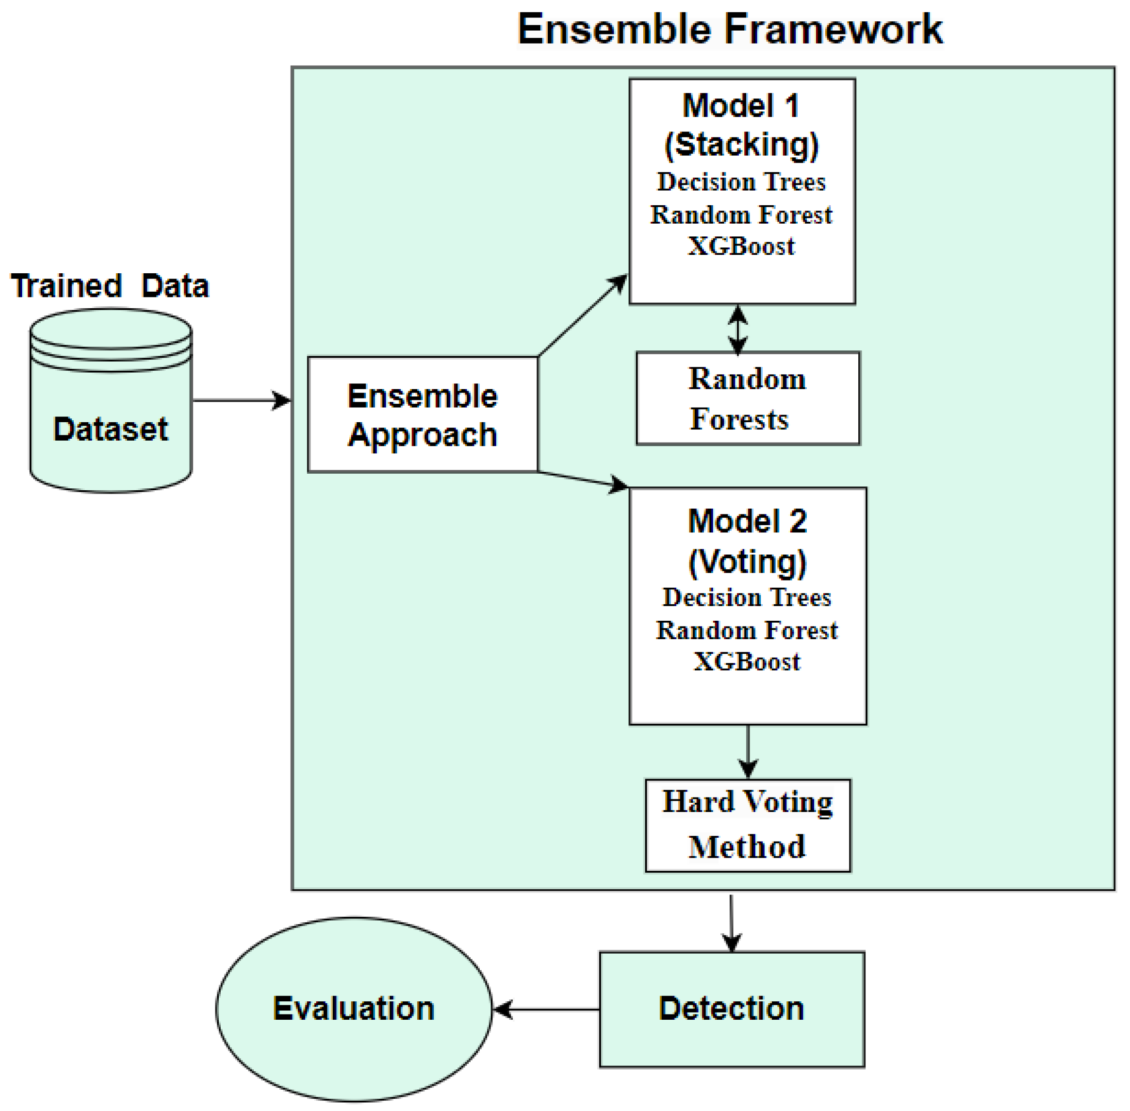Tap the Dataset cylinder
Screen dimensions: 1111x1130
pyautogui.click(x=111, y=408)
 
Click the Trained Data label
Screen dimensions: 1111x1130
pyautogui.click(x=110, y=286)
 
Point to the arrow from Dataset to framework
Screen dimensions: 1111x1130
pyautogui.click(x=239, y=400)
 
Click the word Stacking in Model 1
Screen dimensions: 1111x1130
pyautogui.click(x=742, y=144)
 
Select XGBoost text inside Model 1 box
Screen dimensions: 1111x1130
pyautogui.click(x=741, y=246)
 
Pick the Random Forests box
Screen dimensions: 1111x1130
pyautogui.click(x=747, y=399)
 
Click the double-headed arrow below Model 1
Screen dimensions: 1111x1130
pyautogui.click(x=738, y=329)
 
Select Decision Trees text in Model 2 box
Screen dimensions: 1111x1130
pyautogui.click(x=747, y=598)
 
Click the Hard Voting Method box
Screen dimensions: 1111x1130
pyautogui.click(x=747, y=825)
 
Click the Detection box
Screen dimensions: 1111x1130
pyautogui.click(x=732, y=1009)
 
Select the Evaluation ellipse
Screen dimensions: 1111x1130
pyautogui.click(x=354, y=1009)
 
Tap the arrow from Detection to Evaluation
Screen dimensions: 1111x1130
pyautogui.click(x=545, y=1009)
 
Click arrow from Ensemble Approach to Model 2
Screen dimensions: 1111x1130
pyautogui.click(x=582, y=478)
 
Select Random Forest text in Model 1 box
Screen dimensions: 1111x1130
pyautogui.click(x=741, y=215)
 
